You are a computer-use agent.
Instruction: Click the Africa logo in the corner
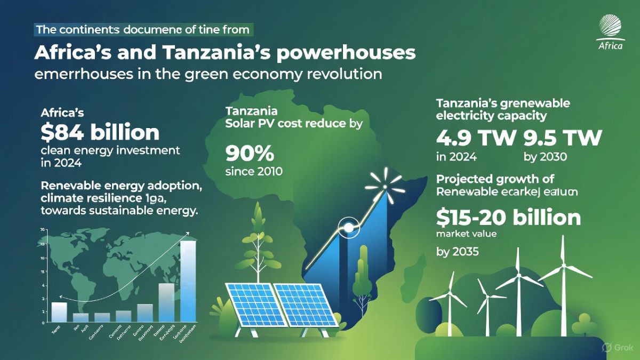610,31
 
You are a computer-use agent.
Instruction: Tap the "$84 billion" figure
100,132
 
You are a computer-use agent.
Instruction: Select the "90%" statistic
250,154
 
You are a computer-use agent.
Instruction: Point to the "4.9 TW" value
475,138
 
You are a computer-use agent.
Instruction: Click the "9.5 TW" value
562,138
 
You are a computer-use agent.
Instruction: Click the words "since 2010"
254,172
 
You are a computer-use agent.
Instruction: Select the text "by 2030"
546,157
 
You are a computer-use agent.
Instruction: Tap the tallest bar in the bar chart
188,282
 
